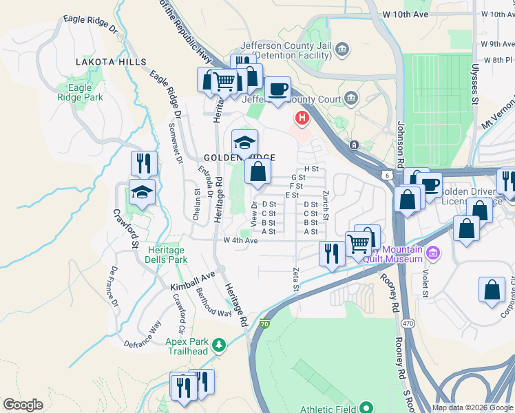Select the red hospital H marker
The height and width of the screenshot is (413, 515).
302,118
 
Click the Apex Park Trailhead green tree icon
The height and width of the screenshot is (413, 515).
219,343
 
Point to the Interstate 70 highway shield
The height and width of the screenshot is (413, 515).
266,324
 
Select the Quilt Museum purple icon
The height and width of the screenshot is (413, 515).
432,253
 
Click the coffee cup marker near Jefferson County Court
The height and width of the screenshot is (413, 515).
277,90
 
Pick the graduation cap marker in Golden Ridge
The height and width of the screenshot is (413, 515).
244,142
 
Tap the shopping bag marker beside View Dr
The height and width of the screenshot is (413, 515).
257,172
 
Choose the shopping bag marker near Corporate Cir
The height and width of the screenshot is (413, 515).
492,290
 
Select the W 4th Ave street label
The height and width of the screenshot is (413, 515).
241,240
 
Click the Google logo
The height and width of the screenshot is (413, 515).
23,405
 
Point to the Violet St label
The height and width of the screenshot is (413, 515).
425,282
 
